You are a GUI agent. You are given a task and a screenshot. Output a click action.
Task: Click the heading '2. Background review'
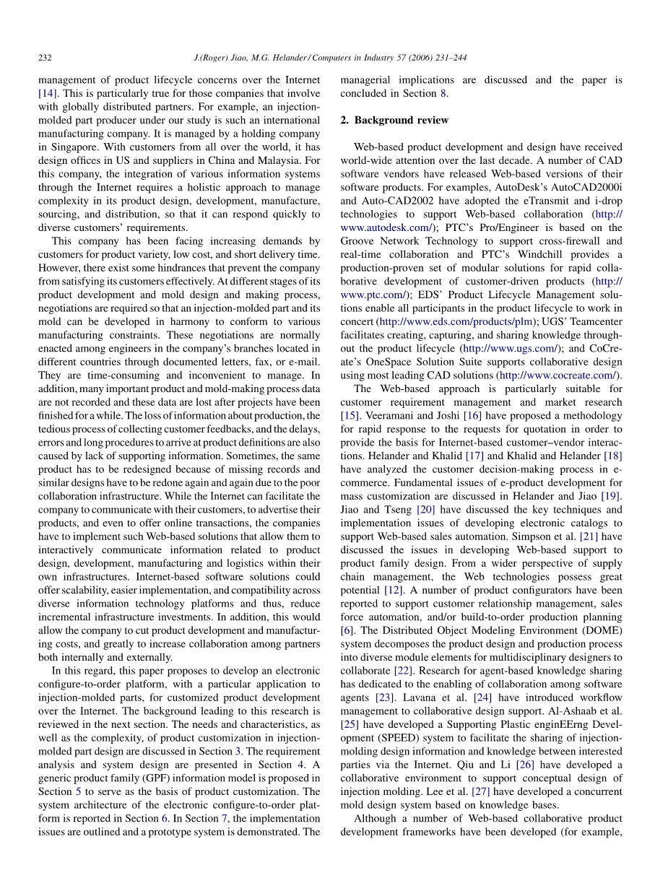pos(394,120)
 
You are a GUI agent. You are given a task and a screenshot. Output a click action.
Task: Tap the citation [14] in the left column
pos(49,93)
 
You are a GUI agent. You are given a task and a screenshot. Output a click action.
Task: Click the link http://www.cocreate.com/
pos(558,375)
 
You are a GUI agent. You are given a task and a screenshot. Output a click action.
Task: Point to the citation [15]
pos(350,416)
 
